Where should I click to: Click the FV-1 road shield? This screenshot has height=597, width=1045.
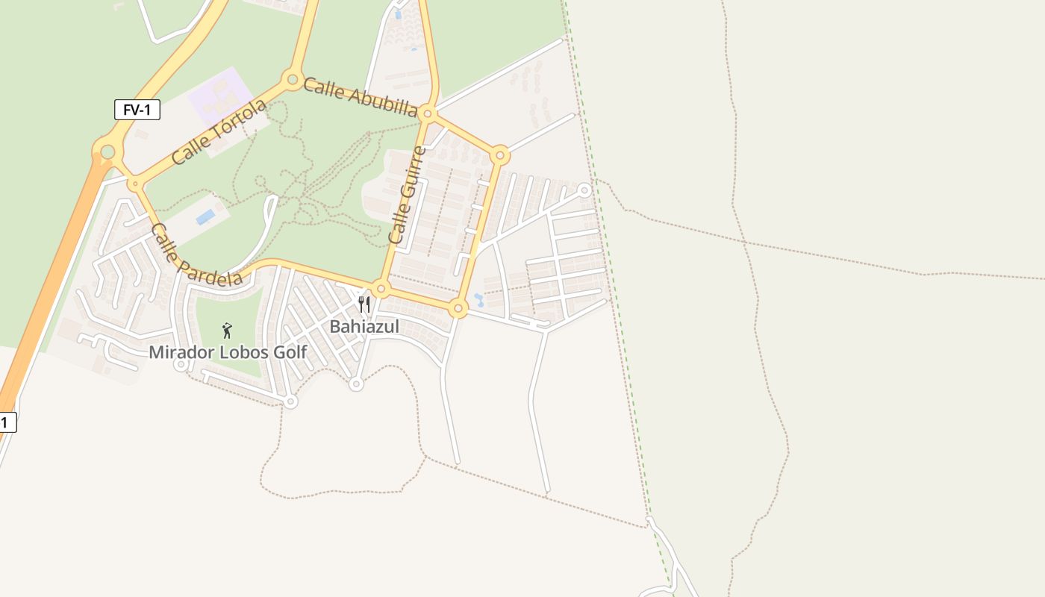pos(137,110)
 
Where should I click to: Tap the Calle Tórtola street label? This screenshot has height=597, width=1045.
pos(219,132)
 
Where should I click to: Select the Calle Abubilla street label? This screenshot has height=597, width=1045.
pos(361,98)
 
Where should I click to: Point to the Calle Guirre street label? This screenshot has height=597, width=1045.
pos(408,196)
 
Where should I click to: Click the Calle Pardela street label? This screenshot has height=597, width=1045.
pos(196,254)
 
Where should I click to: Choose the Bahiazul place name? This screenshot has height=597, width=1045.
pos(364,326)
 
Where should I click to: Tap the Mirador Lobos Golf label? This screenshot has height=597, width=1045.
pos(228,351)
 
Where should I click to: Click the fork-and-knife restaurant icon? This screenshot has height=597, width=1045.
pos(364,304)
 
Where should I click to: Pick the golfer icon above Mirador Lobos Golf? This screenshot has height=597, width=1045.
pos(227,330)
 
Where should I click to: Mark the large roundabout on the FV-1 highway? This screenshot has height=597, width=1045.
pos(107,152)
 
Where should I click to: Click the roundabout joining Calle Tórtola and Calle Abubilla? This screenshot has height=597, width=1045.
pos(292,79)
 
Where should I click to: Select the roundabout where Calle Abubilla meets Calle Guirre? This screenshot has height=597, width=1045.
pos(428,113)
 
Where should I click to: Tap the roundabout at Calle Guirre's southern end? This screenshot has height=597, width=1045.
pos(381,289)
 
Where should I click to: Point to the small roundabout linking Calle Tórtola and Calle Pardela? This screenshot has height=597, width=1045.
pos(134,183)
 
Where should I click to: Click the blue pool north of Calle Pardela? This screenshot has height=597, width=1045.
pos(205,217)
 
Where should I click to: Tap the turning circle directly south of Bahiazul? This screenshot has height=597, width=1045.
pos(356,384)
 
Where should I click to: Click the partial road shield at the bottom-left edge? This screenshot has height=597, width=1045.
pos(7,422)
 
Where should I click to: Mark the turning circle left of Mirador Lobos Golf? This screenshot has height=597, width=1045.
pos(180,365)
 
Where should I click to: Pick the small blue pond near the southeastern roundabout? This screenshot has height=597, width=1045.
pos(478,300)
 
